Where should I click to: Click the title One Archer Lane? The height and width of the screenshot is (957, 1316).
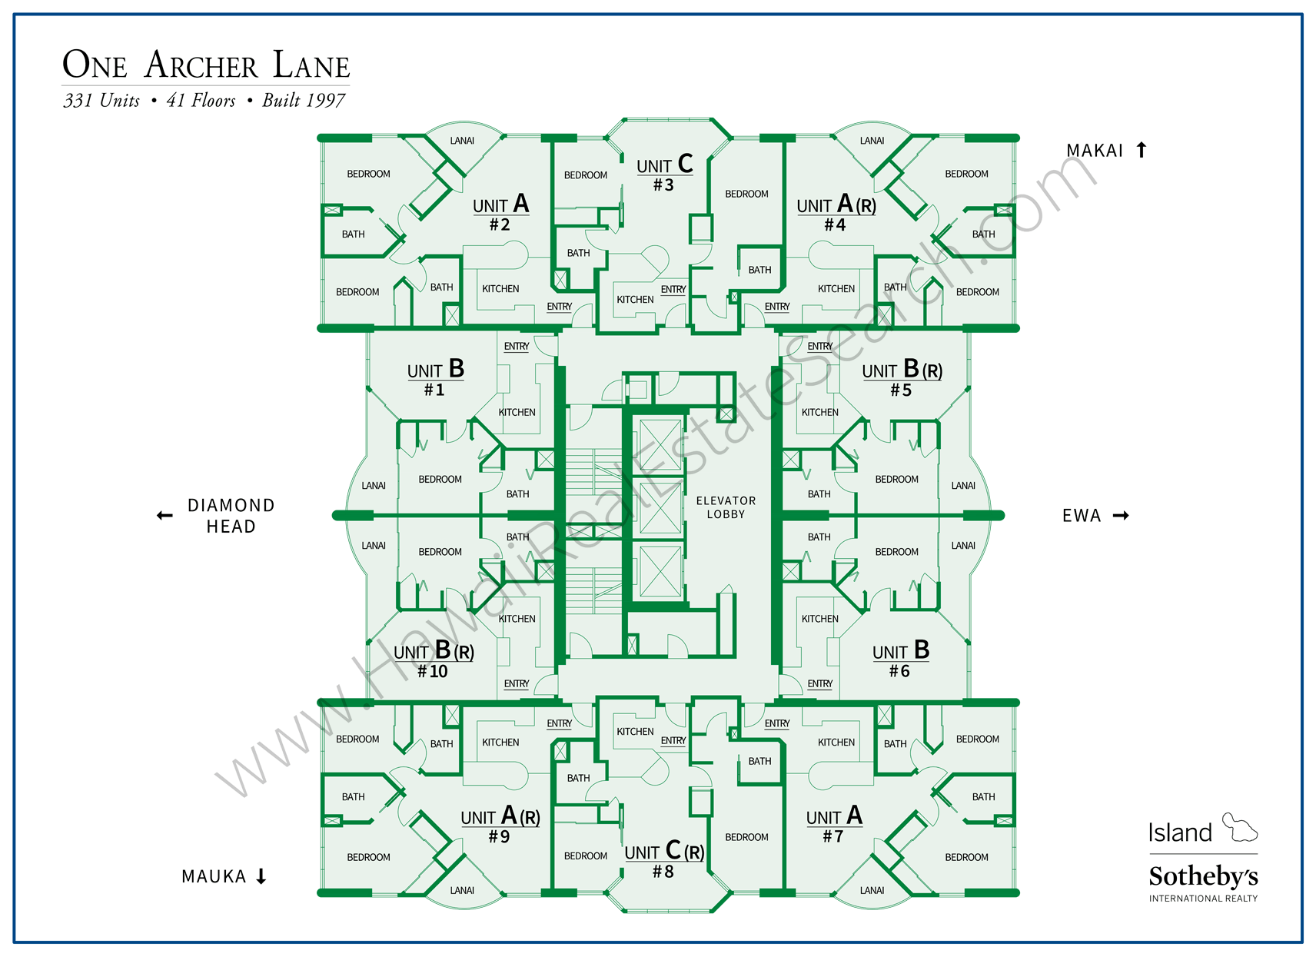tap(206, 65)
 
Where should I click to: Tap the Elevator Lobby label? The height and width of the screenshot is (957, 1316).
tap(726, 507)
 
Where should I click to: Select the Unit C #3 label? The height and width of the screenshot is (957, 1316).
tap(664, 174)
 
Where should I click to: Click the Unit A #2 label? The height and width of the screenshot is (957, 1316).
tap(500, 213)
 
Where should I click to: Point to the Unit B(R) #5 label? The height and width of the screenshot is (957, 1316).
tap(902, 378)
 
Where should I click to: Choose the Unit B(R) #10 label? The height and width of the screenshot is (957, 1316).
tap(434, 660)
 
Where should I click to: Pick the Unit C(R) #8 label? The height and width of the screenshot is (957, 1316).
tap(664, 860)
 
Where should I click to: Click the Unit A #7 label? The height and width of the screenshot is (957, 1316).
tap(834, 825)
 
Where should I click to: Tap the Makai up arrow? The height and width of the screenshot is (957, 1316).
tap(1142, 150)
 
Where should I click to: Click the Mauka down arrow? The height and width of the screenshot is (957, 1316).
tap(261, 876)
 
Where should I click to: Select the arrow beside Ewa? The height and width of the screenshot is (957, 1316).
tap(1121, 516)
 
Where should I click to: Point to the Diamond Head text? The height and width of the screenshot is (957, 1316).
tap(231, 516)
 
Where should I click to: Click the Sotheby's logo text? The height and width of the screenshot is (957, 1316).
tap(1203, 876)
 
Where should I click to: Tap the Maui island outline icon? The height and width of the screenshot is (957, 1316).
tap(1239, 828)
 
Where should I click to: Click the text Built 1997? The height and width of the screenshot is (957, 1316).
tap(304, 101)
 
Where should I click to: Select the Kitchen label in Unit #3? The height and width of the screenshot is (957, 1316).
tap(635, 300)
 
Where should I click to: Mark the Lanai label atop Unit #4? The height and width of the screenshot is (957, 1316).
tap(872, 141)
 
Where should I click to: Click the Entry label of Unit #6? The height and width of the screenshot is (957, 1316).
tap(819, 683)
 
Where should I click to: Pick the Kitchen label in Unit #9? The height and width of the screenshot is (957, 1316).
tap(500, 743)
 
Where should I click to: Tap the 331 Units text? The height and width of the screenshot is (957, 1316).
tap(101, 101)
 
